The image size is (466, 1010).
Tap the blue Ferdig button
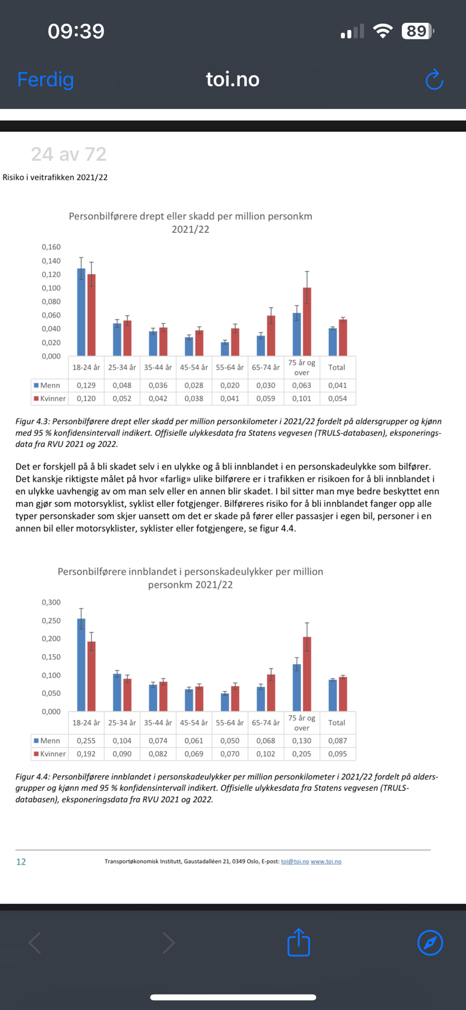point(45,80)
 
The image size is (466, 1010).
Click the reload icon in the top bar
point(434,80)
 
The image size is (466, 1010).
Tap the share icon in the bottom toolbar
point(299,942)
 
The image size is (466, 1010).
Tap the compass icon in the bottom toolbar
point(430,942)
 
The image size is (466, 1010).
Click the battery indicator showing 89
point(417,31)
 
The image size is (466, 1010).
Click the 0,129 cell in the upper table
point(86,385)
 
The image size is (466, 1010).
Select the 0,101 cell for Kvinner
point(302,398)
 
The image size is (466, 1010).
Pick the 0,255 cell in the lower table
point(86,741)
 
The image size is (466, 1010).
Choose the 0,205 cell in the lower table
point(302,754)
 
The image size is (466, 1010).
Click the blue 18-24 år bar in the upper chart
point(81,313)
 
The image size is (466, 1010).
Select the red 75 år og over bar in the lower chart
point(307,674)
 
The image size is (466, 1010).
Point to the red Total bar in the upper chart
point(343,337)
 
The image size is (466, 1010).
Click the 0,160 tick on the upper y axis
point(51,247)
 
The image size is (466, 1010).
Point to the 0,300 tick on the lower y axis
point(51,602)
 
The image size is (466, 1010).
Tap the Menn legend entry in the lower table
point(47,741)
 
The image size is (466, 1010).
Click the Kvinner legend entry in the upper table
point(50,398)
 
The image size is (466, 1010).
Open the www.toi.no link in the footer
point(326,862)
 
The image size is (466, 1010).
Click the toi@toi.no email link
point(295,862)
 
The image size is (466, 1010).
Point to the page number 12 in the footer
point(21,862)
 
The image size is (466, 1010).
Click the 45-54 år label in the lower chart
point(194,723)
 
